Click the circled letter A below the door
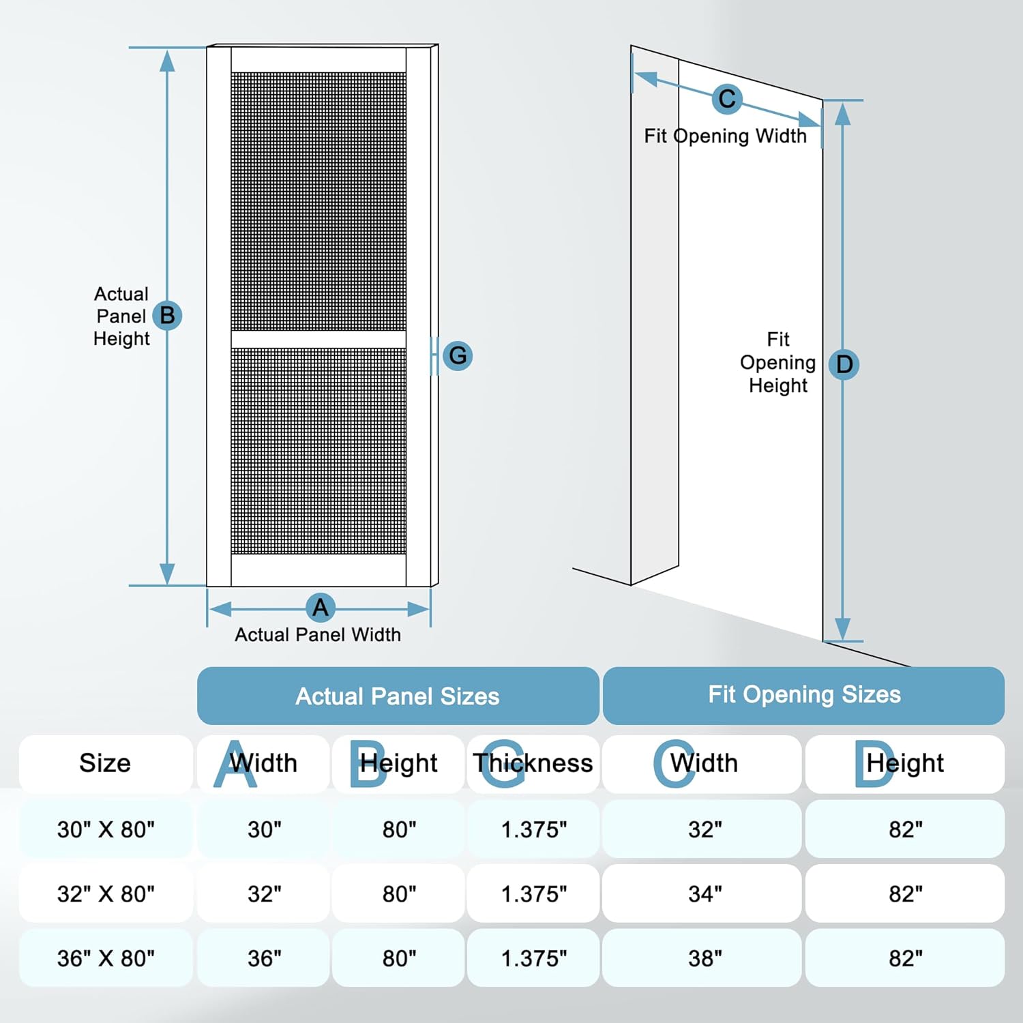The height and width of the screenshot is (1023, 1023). (321, 607)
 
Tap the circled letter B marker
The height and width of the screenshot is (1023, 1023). (167, 316)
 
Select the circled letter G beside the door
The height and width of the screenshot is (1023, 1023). (458, 355)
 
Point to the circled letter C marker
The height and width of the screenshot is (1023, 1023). (727, 99)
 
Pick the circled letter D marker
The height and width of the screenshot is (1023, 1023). (844, 364)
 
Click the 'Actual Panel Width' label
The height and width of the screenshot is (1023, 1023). (318, 635)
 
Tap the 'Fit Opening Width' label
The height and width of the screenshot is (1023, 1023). (725, 136)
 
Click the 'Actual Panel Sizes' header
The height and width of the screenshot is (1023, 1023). (398, 696)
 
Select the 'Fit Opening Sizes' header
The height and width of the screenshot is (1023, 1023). (804, 695)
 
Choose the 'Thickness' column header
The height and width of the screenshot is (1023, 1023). (533, 763)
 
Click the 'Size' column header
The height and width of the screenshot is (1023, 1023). (105, 763)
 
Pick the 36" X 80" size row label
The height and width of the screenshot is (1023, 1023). (106, 958)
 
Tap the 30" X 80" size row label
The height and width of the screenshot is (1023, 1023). (106, 829)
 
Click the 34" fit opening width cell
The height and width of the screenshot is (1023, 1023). (705, 893)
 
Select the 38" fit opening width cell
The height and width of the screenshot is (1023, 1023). (705, 958)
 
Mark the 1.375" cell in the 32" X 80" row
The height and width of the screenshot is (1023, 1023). (534, 893)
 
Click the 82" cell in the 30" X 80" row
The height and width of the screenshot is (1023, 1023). (905, 829)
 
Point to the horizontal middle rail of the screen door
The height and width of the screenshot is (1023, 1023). (318, 340)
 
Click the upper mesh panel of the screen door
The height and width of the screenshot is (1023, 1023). (318, 201)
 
